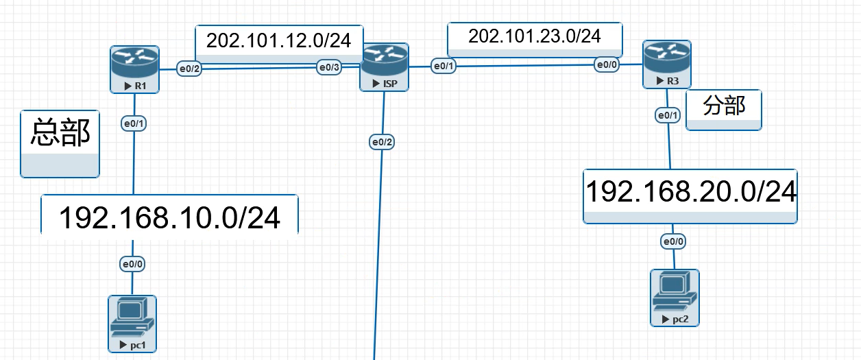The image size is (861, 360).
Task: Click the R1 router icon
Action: click(x=135, y=64)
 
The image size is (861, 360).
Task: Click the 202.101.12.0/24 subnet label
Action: click(x=279, y=41)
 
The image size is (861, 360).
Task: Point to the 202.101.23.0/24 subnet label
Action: click(x=535, y=37)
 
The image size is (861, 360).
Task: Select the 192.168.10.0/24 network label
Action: click(x=169, y=218)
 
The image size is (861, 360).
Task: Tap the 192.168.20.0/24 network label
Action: click(x=690, y=192)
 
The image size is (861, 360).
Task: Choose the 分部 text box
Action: click(x=724, y=106)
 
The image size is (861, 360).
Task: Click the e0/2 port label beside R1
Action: click(x=189, y=69)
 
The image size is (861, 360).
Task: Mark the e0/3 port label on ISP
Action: click(x=328, y=67)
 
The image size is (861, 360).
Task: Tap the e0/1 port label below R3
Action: click(x=668, y=115)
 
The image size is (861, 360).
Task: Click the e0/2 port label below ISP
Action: click(x=383, y=142)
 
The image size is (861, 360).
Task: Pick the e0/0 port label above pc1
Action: click(x=133, y=264)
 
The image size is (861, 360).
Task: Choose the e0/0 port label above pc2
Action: click(x=673, y=241)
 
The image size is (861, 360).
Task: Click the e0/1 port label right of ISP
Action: click(x=442, y=66)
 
